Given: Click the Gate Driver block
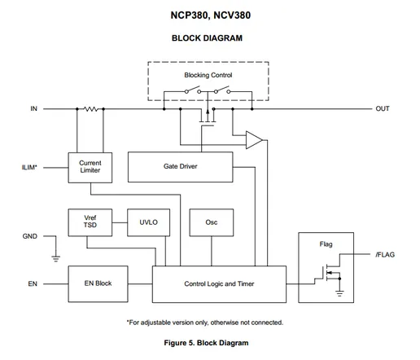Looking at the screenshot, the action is tap(180, 167).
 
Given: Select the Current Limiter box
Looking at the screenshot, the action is tap(90, 168).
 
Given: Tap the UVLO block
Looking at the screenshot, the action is tap(148, 222).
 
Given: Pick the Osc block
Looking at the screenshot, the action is tap(212, 222).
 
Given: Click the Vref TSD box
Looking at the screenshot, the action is tap(90, 222).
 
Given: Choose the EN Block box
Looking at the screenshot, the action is tap(98, 283).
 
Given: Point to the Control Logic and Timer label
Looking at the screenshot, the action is tap(219, 284).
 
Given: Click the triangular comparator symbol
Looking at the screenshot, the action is tap(254, 140).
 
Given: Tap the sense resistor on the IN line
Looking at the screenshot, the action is tap(90, 109).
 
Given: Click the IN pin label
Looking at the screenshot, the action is tap(33, 108).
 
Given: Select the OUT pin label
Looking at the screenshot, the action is tap(383, 108).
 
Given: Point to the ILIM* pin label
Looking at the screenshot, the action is tap(29, 167).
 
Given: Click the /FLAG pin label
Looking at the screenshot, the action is tap(385, 255).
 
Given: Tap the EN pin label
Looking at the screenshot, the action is tap(33, 283).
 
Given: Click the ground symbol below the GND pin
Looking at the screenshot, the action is tap(56, 258).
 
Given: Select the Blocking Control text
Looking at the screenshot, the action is tap(208, 75).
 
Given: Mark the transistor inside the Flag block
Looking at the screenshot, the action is tap(330, 273).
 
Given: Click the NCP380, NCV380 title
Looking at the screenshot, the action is tap(210, 15).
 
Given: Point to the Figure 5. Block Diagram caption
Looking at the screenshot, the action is tap(206, 343).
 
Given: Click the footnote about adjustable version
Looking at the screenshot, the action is tap(205, 323).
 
